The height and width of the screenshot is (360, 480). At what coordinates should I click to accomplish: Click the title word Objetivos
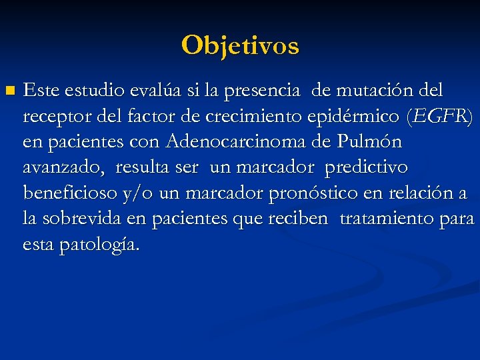(240, 45)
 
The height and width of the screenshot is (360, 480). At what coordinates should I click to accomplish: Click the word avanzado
(63, 168)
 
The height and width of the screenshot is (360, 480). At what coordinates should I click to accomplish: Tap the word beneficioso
(71, 193)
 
